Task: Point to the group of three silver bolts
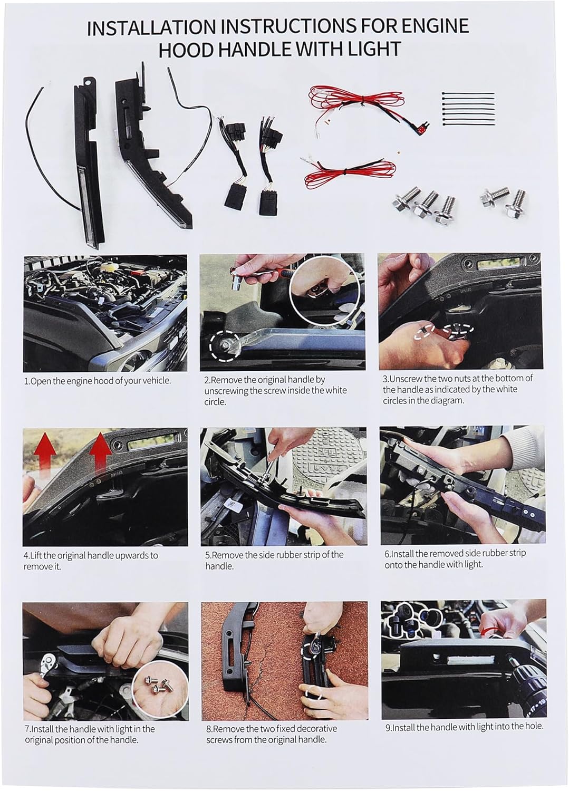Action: (x=424, y=207)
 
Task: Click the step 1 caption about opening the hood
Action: (x=98, y=381)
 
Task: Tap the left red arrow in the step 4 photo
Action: (x=46, y=457)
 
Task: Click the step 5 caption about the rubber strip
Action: (x=274, y=560)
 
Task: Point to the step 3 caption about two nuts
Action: (x=458, y=389)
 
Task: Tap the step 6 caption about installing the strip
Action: (x=455, y=558)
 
